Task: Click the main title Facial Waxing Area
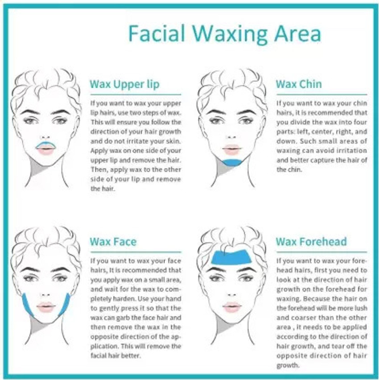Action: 224,34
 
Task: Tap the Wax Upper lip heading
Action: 124,84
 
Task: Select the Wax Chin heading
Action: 299,84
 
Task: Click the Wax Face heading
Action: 113,242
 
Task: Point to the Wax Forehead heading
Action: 311,242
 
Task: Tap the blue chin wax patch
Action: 233,163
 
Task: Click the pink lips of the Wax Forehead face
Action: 232,307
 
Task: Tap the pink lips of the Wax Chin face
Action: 232,150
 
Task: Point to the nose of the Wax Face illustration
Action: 45,294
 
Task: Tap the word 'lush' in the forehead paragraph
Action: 361,308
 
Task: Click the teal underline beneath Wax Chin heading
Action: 322,94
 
